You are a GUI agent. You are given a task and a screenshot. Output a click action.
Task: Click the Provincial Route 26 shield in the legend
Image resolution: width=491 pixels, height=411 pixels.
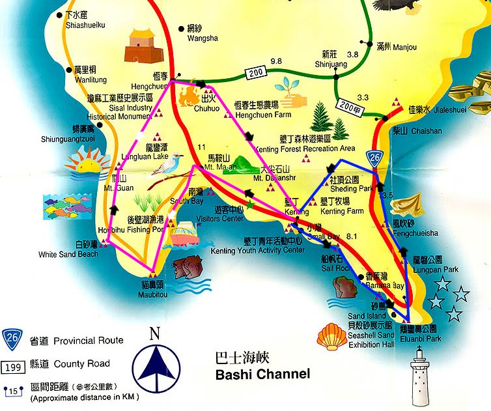coord(11,339)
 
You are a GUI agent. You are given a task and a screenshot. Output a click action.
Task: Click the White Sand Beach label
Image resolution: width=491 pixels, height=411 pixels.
coord(68,254)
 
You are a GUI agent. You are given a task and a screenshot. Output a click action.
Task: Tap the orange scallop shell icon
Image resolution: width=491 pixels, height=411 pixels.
coord(331,337)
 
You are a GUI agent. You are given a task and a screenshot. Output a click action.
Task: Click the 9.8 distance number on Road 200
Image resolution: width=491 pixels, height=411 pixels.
coord(276,61)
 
